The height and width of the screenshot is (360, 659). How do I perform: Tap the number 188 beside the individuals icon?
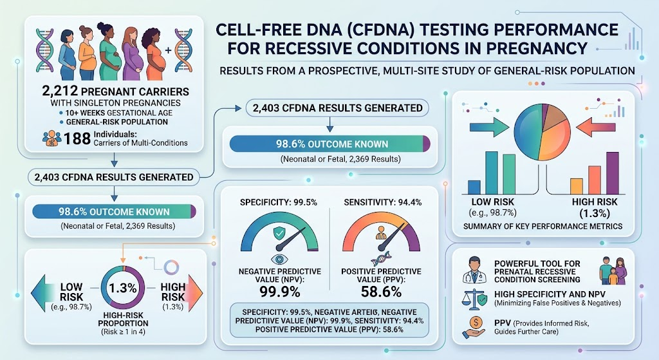[77, 138]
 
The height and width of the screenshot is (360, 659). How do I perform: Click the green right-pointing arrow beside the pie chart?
[489, 126]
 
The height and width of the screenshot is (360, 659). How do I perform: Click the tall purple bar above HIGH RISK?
[613, 173]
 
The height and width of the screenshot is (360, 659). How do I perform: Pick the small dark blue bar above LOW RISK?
[474, 187]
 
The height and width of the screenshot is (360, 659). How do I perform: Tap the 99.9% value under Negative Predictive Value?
[279, 292]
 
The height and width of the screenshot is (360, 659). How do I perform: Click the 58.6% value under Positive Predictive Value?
[381, 292]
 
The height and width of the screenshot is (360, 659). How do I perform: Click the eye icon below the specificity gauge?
[279, 258]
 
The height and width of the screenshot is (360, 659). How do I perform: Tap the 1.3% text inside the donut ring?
[123, 288]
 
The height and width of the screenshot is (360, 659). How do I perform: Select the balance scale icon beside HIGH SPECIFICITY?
[474, 298]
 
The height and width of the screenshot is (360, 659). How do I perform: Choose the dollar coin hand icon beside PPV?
[474, 327]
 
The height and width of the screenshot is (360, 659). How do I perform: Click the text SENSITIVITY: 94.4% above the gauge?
[382, 202]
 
